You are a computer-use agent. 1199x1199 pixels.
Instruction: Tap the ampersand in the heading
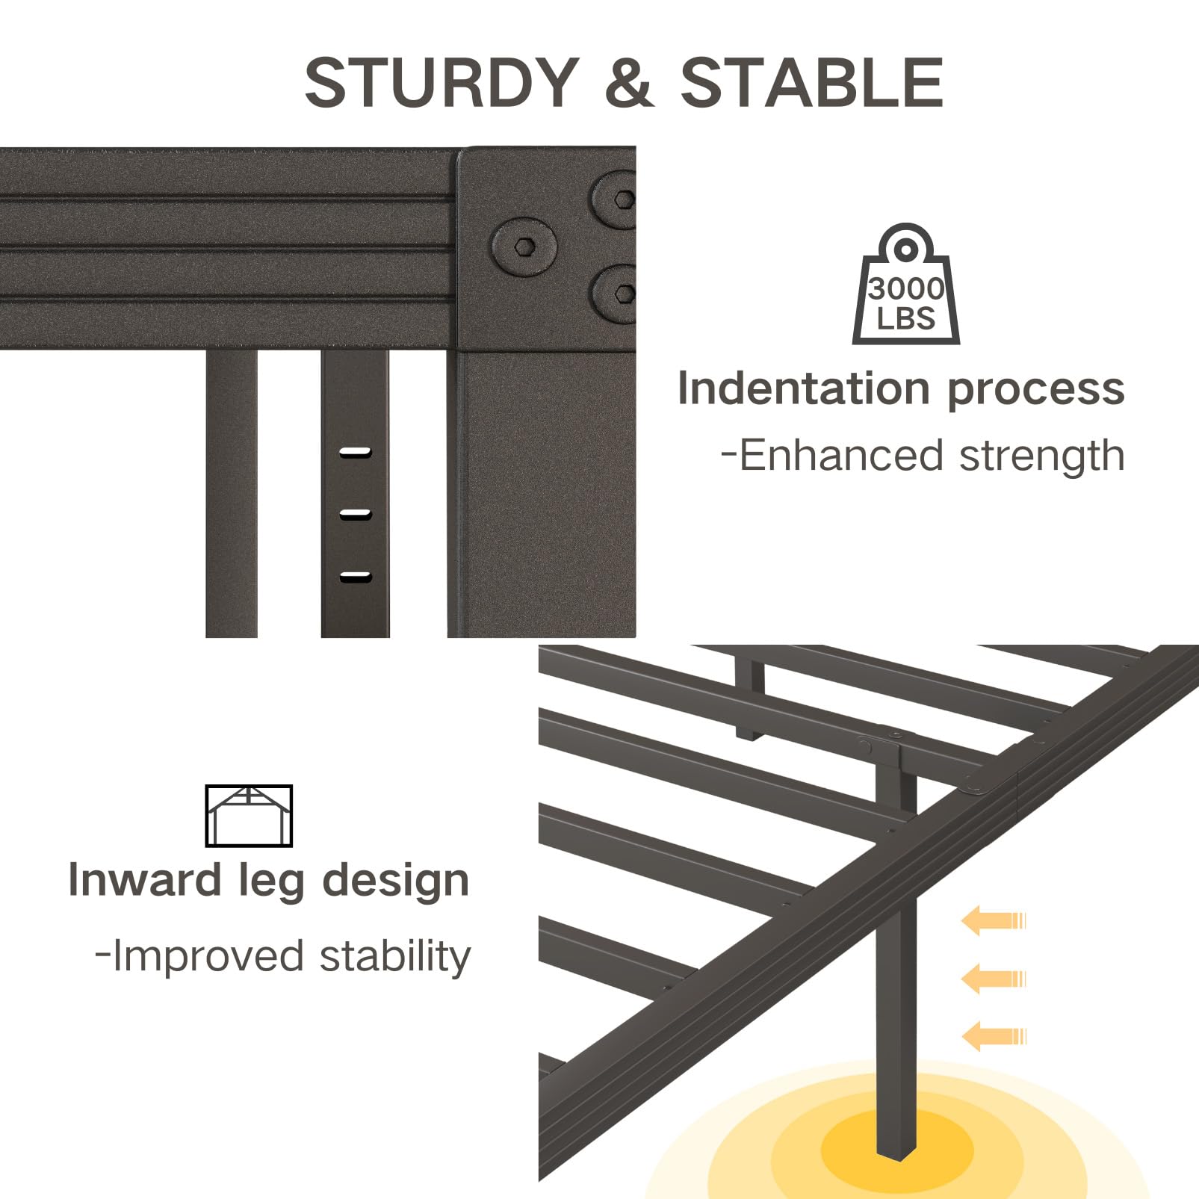tap(629, 83)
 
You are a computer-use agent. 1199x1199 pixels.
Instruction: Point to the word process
tap(1035, 390)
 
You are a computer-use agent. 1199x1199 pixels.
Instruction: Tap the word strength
tap(1041, 456)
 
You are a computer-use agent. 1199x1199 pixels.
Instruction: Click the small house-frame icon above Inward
tap(249, 816)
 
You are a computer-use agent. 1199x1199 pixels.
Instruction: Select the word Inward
tap(145, 880)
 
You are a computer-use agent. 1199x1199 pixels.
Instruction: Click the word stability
tap(394, 956)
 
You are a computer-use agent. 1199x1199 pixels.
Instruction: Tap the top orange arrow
tap(993, 920)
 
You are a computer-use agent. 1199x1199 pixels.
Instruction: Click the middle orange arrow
tap(993, 979)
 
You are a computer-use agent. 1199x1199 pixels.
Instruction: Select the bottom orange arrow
tap(993, 1037)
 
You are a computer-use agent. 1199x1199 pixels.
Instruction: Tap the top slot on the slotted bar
tap(355, 452)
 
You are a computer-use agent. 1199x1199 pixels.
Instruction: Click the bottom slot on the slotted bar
tap(355, 576)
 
